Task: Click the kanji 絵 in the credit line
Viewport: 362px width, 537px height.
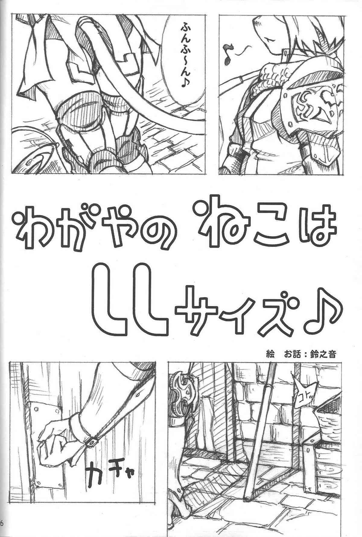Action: tap(267, 353)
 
